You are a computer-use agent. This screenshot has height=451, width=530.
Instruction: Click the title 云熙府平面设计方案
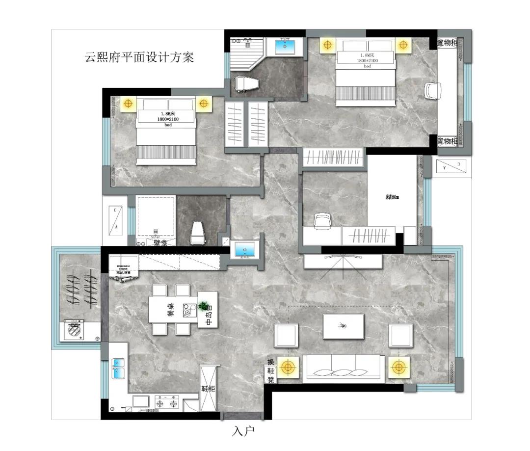[x=140, y=57]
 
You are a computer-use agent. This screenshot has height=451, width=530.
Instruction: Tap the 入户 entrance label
[x=243, y=431]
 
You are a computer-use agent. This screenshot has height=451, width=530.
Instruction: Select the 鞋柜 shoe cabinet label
[x=208, y=389]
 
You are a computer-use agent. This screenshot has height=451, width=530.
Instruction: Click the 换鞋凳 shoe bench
[x=270, y=371]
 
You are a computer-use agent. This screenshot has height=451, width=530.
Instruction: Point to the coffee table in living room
[x=344, y=326]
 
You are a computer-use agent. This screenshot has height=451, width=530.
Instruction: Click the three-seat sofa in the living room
[x=344, y=368]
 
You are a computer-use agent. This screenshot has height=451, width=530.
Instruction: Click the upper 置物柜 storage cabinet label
[x=447, y=43]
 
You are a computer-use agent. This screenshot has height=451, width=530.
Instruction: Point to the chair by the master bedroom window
[x=433, y=91]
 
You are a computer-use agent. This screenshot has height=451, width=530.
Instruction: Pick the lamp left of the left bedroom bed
[x=129, y=104]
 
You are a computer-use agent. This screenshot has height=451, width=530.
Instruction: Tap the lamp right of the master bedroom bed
[x=403, y=45]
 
